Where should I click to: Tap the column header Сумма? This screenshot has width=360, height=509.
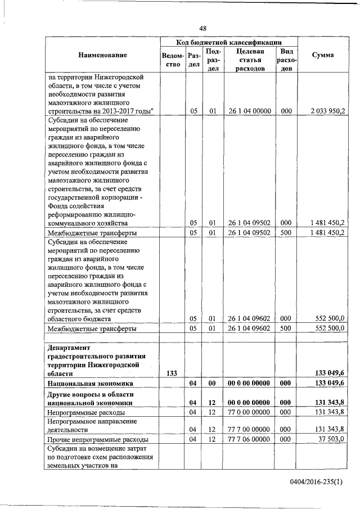pos(325,55)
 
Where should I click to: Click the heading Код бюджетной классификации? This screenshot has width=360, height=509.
pos(228,42)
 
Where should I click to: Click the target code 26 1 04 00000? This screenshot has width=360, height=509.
pos(249,111)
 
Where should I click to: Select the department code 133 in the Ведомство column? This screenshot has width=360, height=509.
pos(172,373)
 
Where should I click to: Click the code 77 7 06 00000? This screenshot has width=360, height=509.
pos(249,439)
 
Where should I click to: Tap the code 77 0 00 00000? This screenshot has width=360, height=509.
pos(249,412)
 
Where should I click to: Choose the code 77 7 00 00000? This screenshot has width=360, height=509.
pos(249,429)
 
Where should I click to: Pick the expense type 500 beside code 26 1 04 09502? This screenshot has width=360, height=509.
pos(286,232)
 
